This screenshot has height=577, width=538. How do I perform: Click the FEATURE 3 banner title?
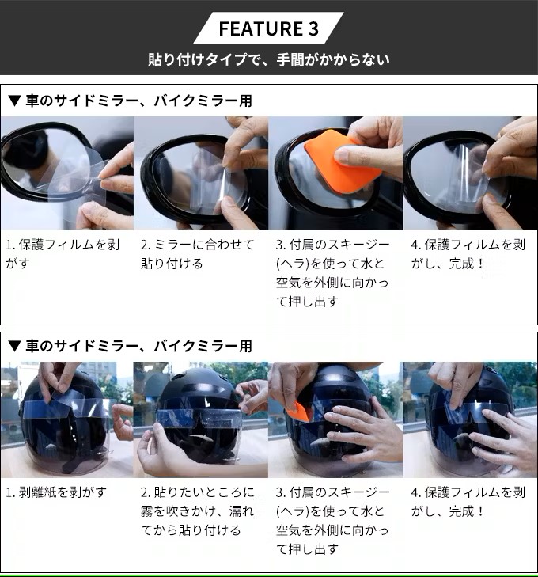(268, 28)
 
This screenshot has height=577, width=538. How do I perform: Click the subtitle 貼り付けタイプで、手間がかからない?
(269, 59)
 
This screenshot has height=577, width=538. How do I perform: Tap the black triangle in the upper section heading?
(14, 101)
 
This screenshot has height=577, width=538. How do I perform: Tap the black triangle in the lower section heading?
(14, 346)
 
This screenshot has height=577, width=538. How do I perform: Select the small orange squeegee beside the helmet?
(297, 412)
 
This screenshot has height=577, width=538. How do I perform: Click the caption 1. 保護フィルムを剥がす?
(63, 254)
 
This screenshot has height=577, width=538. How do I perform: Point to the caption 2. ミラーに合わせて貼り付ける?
(198, 254)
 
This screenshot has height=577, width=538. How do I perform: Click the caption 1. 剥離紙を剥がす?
(56, 492)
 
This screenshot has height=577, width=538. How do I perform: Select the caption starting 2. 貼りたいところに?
(198, 511)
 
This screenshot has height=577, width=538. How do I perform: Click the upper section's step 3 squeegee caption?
(332, 273)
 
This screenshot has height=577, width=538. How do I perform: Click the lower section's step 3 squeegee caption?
(332, 521)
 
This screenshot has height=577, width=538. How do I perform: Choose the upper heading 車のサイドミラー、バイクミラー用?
(138, 101)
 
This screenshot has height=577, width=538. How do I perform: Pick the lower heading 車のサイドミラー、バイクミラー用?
(138, 346)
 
